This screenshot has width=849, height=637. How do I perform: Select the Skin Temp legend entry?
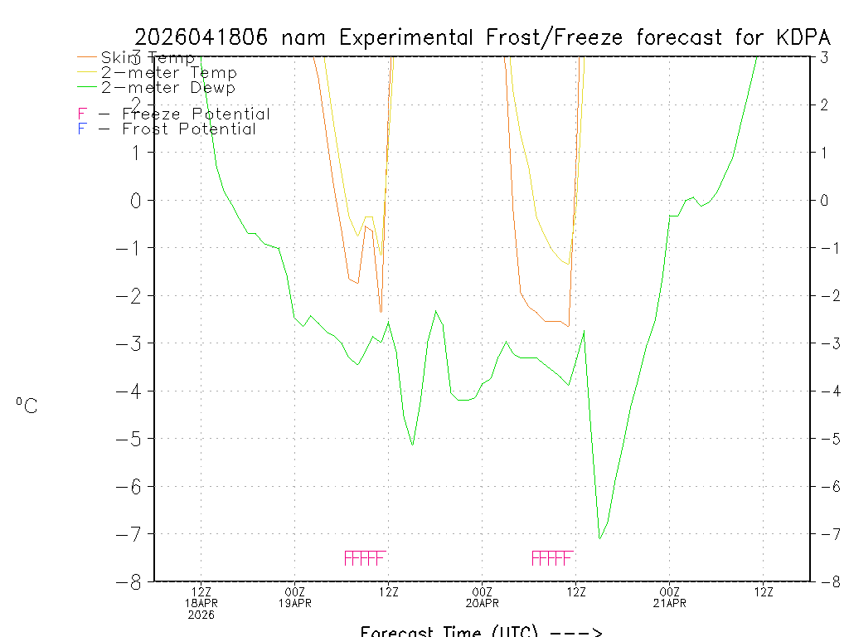148,58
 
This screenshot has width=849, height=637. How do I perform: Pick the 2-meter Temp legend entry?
168,73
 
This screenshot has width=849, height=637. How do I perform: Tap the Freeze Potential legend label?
196,114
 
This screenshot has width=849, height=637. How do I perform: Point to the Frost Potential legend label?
189,129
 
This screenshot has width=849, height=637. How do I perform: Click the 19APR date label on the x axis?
296,603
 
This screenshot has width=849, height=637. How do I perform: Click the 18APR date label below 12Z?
201,603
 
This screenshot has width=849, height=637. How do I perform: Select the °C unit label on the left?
27,406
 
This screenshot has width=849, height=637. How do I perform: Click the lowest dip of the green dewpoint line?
599,539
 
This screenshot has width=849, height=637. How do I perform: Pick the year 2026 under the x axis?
201,615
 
